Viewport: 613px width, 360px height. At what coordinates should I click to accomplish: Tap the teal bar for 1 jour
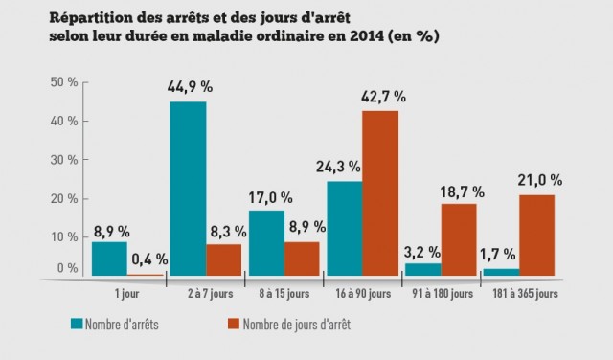[108, 258]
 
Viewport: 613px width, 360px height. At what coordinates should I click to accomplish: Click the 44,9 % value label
[190, 87]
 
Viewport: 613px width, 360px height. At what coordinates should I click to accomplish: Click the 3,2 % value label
[421, 252]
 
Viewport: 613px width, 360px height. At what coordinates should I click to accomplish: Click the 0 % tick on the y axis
[68, 268]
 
